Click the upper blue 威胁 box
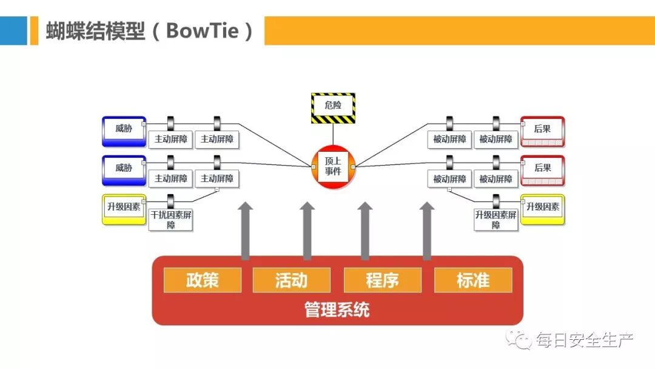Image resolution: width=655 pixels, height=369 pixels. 124,130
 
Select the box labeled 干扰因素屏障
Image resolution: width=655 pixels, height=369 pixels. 171,219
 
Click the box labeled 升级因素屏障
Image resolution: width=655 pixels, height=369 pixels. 496,219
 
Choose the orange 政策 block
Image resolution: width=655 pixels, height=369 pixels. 203,280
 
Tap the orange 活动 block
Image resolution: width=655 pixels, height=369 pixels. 292,280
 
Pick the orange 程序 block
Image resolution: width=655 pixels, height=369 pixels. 382,280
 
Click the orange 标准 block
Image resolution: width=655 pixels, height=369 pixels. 473,280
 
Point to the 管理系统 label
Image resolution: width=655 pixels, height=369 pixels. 337,310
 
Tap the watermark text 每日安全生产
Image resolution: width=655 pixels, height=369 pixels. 584,340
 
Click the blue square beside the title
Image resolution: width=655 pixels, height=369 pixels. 13,30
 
